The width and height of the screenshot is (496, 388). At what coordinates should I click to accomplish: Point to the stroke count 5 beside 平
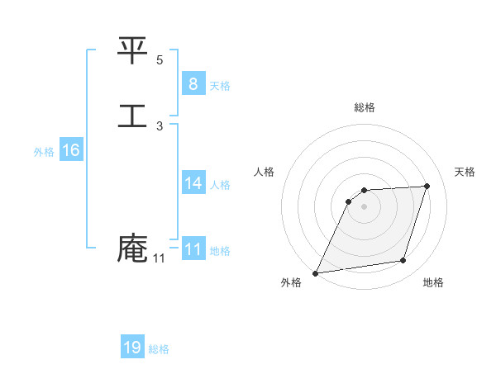click(x=160, y=60)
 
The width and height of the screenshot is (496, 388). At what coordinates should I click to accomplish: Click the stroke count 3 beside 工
click(x=160, y=126)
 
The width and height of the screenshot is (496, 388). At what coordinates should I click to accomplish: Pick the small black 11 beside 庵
click(x=159, y=258)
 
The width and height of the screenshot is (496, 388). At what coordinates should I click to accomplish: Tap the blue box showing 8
click(x=193, y=84)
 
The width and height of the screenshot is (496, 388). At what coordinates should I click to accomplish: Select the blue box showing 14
click(x=193, y=183)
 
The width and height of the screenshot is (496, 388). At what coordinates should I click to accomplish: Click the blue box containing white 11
click(x=193, y=249)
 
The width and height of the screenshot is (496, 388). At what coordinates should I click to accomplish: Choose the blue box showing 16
click(x=71, y=150)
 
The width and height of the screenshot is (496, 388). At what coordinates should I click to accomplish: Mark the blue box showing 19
click(x=132, y=348)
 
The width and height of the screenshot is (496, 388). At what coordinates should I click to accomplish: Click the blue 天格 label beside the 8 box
click(x=220, y=86)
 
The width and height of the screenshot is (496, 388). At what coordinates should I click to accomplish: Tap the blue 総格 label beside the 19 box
click(x=159, y=349)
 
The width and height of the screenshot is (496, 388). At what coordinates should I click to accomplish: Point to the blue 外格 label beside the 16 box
click(x=43, y=152)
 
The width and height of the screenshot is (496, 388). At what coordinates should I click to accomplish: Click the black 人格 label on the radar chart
click(x=265, y=172)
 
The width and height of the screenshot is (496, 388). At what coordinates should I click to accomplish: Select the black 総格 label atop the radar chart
click(x=365, y=107)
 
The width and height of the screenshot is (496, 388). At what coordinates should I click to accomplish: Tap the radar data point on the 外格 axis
click(x=316, y=272)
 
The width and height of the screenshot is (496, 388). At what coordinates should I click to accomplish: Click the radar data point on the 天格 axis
click(x=427, y=186)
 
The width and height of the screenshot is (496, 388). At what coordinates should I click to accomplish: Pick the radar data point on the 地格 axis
click(x=403, y=261)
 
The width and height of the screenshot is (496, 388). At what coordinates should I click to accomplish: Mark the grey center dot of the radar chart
click(x=365, y=206)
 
